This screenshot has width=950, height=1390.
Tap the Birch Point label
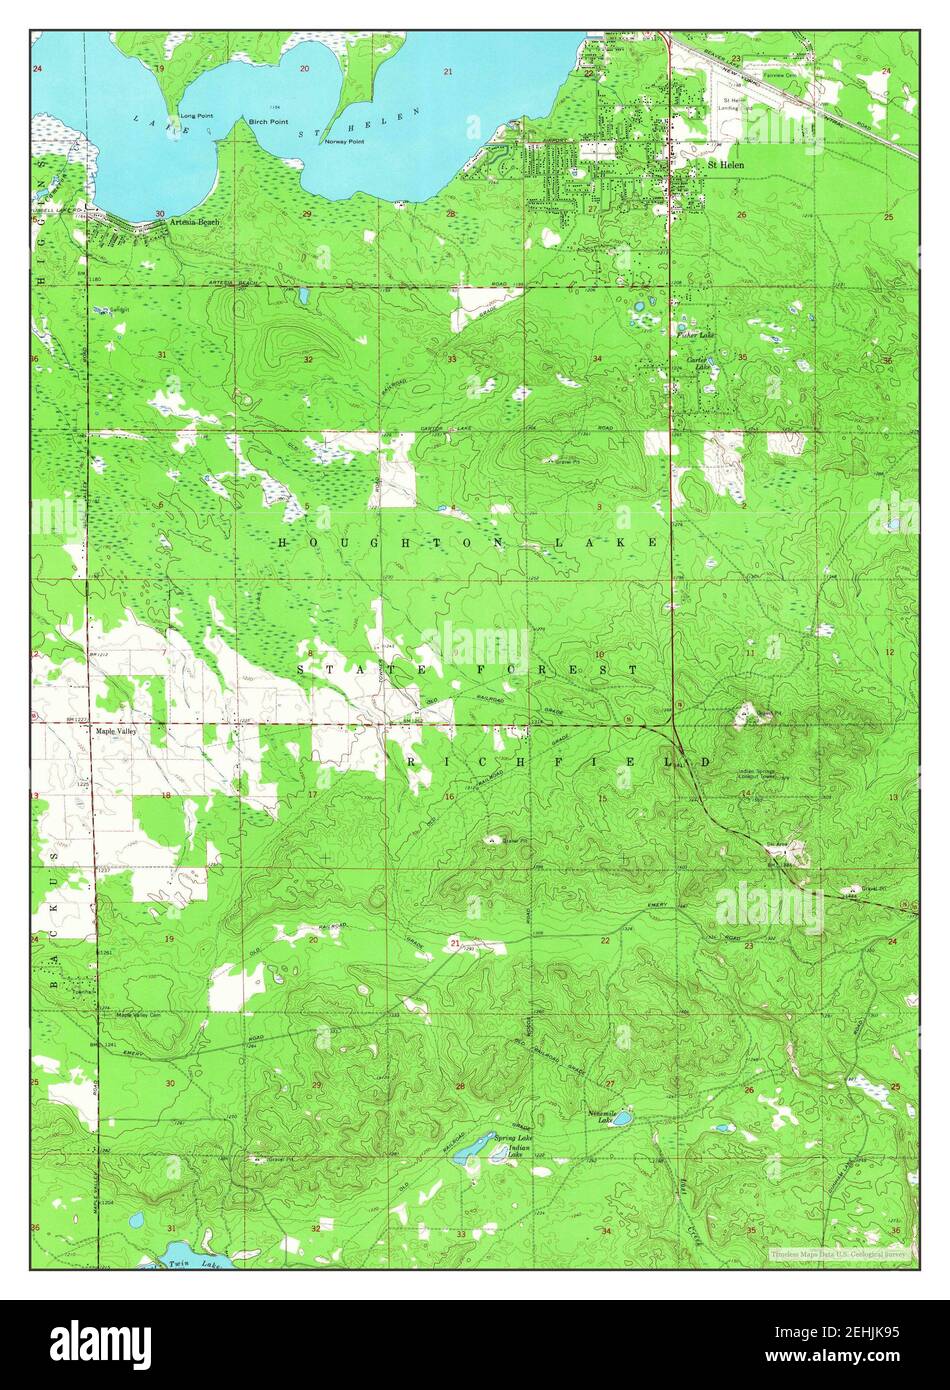pos(268,120)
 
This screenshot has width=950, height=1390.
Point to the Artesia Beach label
pos(193,221)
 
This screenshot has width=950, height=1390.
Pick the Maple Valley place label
pos(116,731)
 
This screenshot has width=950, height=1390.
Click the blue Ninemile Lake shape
pos(621,1117)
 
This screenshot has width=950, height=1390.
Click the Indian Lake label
pos(516,1152)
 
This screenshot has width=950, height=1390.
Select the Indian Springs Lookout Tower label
pos(762,775)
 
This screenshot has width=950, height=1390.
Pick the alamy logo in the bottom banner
pos(101,1344)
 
